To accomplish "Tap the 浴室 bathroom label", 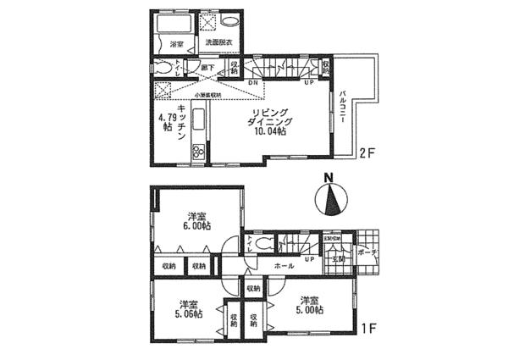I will coord(176,43).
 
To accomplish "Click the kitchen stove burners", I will coord(198,152).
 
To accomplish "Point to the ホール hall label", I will coord(284,266).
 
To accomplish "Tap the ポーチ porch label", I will coord(366,252).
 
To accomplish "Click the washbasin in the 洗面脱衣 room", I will coord(233,22).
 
